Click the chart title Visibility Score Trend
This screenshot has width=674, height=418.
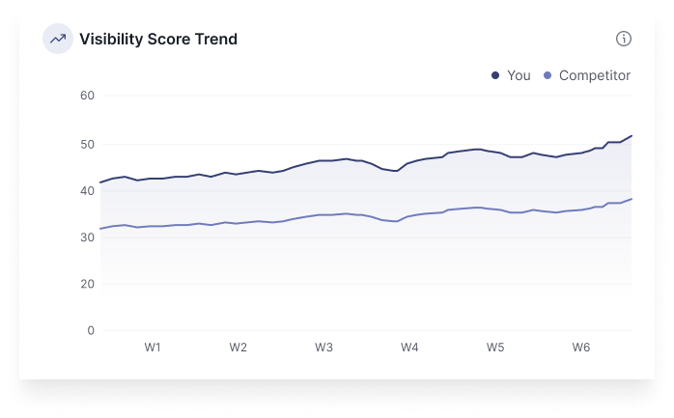pyautogui.click(x=158, y=40)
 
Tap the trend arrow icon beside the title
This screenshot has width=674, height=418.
pyautogui.click(x=58, y=40)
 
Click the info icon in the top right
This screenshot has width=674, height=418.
pyautogui.click(x=624, y=39)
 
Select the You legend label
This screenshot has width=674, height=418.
pyautogui.click(x=519, y=75)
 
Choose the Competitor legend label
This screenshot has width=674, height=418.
pyautogui.click(x=594, y=75)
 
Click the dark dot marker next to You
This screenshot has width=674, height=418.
pyautogui.click(x=495, y=75)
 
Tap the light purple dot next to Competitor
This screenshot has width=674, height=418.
pyautogui.click(x=548, y=75)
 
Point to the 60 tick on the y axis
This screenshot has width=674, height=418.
pyautogui.click(x=87, y=96)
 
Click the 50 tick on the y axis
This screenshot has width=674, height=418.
pyautogui.click(x=87, y=144)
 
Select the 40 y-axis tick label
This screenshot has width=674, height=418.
pyautogui.click(x=87, y=190)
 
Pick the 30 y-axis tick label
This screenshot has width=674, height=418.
pyautogui.click(x=87, y=237)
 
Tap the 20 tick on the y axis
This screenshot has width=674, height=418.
pyautogui.click(x=87, y=284)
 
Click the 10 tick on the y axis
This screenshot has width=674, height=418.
pyautogui.click(x=87, y=331)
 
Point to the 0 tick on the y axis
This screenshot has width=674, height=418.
pyautogui.click(x=91, y=331)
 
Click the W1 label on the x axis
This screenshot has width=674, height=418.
pyautogui.click(x=153, y=348)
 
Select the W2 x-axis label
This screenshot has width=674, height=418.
pyautogui.click(x=239, y=348)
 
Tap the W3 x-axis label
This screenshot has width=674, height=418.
pyautogui.click(x=324, y=348)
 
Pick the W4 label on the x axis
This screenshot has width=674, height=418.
pyautogui.click(x=409, y=348)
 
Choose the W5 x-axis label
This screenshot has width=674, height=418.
pyautogui.click(x=495, y=348)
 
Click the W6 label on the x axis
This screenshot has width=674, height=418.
pyautogui.click(x=581, y=348)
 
